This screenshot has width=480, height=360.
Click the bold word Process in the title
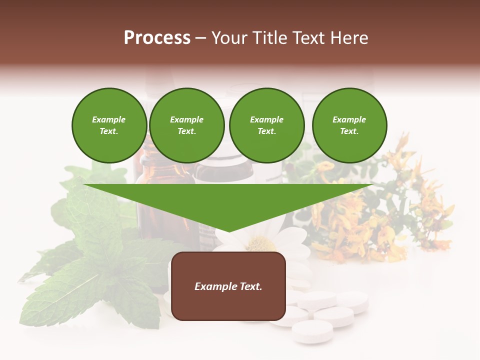(157, 38)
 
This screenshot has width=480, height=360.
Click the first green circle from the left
(109, 125)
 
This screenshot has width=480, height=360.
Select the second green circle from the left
(186, 125)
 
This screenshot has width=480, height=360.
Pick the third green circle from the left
(266, 125)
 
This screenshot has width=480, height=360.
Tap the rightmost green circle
(349, 125)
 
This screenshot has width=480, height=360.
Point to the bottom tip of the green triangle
(228, 231)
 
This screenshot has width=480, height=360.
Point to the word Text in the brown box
(249, 286)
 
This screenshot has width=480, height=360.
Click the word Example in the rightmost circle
(349, 119)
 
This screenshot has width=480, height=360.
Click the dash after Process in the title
(200, 38)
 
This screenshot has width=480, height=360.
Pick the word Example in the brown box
(215, 286)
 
